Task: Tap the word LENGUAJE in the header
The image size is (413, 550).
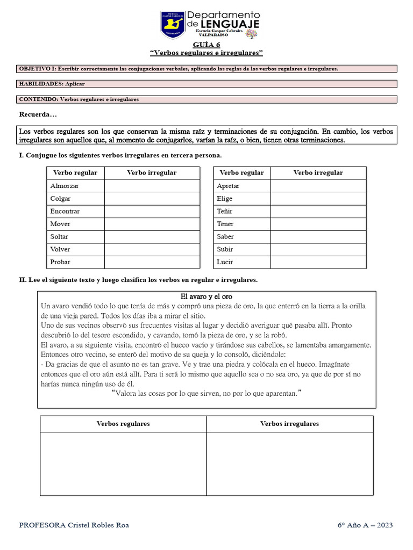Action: (x=231, y=24)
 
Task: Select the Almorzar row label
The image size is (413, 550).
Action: (x=65, y=186)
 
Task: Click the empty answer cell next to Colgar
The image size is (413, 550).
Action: (x=152, y=199)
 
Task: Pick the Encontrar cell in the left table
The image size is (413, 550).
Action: (x=65, y=212)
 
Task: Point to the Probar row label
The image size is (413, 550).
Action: (x=60, y=262)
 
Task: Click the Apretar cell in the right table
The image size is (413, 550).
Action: (x=228, y=186)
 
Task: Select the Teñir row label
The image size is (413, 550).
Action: (x=225, y=212)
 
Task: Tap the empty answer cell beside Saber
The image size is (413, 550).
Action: (x=318, y=237)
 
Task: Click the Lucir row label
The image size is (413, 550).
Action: (x=225, y=262)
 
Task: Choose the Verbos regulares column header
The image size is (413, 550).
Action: (x=123, y=424)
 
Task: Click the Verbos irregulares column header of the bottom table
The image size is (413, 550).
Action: (x=289, y=424)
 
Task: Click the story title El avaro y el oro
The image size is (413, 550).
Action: (x=206, y=296)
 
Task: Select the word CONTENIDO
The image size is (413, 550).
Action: (x=38, y=99)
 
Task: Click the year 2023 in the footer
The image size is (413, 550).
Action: (x=384, y=525)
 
